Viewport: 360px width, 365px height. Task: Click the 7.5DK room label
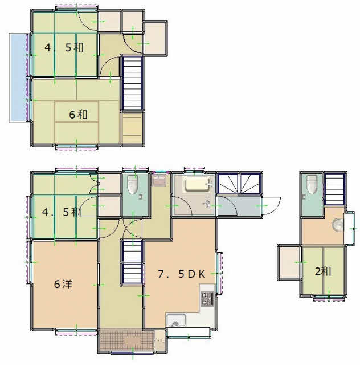pyautogui.click(x=181, y=274)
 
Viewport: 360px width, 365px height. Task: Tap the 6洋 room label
pyautogui.click(x=63, y=284)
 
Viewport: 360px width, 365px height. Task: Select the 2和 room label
pyautogui.click(x=323, y=271)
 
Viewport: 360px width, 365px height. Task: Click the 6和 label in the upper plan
pyautogui.click(x=78, y=115)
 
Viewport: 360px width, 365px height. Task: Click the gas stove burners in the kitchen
pyautogui.click(x=207, y=298)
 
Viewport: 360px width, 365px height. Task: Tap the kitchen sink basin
pyautogui.click(x=176, y=321)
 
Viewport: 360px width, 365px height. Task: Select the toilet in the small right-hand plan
pyautogui.click(x=312, y=184)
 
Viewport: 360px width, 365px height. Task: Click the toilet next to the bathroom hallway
pyautogui.click(x=132, y=184)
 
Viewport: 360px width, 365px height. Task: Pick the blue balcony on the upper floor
pyautogui.click(x=18, y=78)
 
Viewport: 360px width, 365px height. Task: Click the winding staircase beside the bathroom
pyautogui.click(x=239, y=184)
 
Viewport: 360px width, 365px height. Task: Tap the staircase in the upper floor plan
pyautogui.click(x=132, y=83)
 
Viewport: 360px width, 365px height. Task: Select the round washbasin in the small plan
pyautogui.click(x=337, y=225)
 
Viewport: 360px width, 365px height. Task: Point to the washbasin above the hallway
pyautogui.click(x=159, y=181)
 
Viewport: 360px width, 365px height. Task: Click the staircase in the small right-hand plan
pyautogui.click(x=334, y=189)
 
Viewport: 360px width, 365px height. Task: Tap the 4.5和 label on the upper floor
pyautogui.click(x=64, y=48)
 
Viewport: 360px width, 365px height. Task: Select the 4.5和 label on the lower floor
pyautogui.click(x=62, y=212)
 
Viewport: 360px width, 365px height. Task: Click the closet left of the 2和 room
pyautogui.click(x=289, y=262)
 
